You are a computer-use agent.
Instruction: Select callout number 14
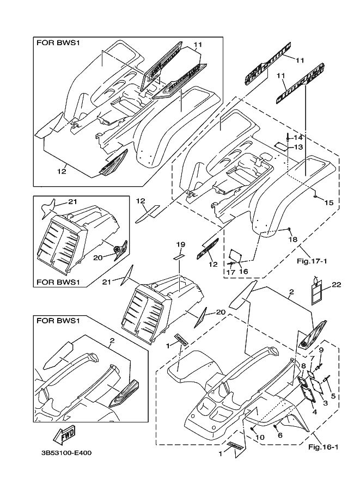tap(298, 137)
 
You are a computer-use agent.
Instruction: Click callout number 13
tap(298, 147)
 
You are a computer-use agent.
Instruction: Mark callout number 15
tap(328, 203)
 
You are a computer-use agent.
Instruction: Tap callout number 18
tap(293, 240)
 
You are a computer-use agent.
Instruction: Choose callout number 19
tap(180, 245)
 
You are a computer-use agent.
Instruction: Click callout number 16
tap(243, 271)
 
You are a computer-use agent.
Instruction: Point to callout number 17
tap(230, 271)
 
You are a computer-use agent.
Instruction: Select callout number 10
tap(259, 437)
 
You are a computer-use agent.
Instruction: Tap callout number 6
tap(280, 435)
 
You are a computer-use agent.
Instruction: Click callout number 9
tap(321, 349)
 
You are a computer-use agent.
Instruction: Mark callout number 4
tap(314, 412)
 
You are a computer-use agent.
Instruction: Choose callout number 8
tap(303, 367)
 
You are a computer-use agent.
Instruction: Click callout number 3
tap(325, 403)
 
